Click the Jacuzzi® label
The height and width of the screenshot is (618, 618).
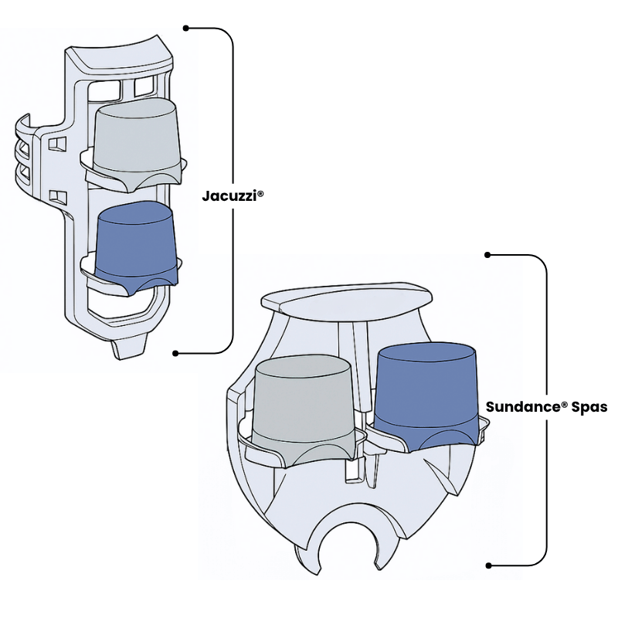tap(233, 195)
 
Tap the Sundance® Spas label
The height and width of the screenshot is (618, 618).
tap(546, 407)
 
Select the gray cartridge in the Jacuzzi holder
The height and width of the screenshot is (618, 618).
tap(137, 139)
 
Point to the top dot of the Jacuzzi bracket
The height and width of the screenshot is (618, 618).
tap(185, 28)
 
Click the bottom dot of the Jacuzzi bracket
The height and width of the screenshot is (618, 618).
tap(176, 353)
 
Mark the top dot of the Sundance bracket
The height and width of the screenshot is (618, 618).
tap(488, 254)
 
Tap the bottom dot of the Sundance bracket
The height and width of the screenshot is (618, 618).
tap(488, 565)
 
